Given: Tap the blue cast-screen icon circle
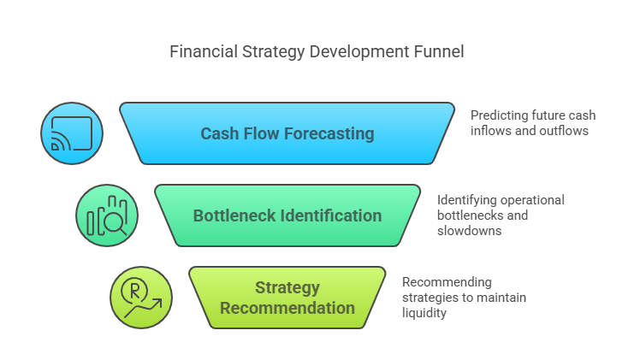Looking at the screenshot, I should coord(72,133).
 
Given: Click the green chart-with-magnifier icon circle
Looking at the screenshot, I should coord(107,215).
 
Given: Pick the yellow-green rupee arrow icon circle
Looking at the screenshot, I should coord(141,298).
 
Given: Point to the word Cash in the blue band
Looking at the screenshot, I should coord(219,133).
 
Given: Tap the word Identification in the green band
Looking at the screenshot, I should coord(329,215).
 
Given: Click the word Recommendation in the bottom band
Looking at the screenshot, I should coord(287,308).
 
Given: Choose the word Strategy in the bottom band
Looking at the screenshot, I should coord(287,288).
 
